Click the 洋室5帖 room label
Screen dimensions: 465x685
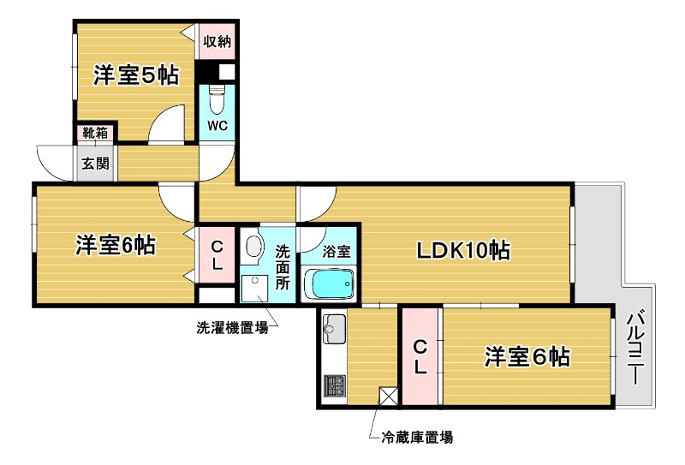point(136,75)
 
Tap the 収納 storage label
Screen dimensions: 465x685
point(216,40)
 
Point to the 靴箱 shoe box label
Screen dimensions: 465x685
point(94,133)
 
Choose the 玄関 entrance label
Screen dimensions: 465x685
point(94,164)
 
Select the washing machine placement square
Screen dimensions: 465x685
point(254,287)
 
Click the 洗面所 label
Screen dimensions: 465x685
point(283,265)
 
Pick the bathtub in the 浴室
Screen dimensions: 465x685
point(329,283)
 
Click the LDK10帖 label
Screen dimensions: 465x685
point(463,250)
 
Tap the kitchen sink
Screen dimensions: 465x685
point(334,330)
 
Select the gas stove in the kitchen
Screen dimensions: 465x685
point(334,386)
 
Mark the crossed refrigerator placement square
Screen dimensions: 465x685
point(388,396)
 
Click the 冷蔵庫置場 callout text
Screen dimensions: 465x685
point(417,438)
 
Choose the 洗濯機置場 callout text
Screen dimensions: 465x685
point(232,327)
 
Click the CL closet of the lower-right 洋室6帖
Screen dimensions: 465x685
point(420,356)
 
